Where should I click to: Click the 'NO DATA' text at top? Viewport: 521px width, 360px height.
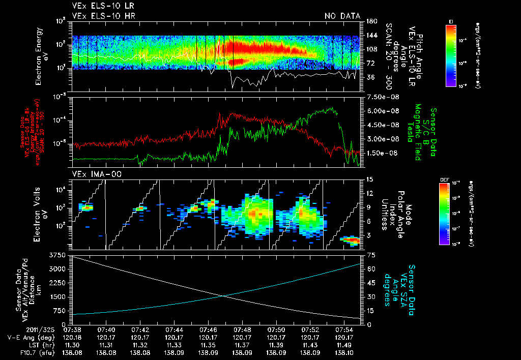click(x=342, y=16)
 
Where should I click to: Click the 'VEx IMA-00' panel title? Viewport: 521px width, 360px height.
click(x=90, y=174)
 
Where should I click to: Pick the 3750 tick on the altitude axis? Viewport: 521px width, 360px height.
click(x=60, y=254)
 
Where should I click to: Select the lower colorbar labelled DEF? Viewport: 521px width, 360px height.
click(x=451, y=214)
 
